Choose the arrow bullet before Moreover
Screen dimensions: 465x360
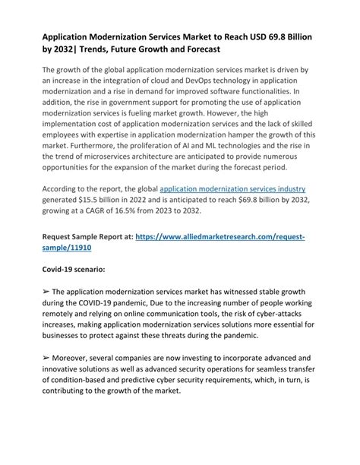click(x=47, y=359)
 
